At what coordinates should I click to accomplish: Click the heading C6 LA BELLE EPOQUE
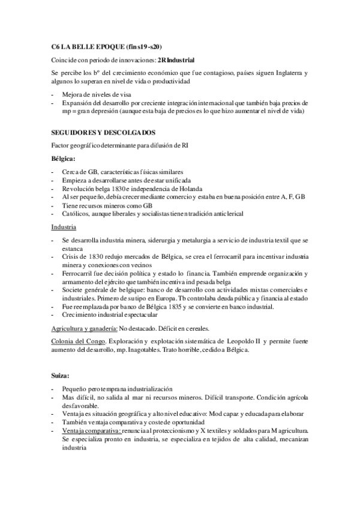click(107, 46)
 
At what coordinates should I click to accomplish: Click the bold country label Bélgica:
click(64, 158)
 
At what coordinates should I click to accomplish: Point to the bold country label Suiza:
click(61, 376)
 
